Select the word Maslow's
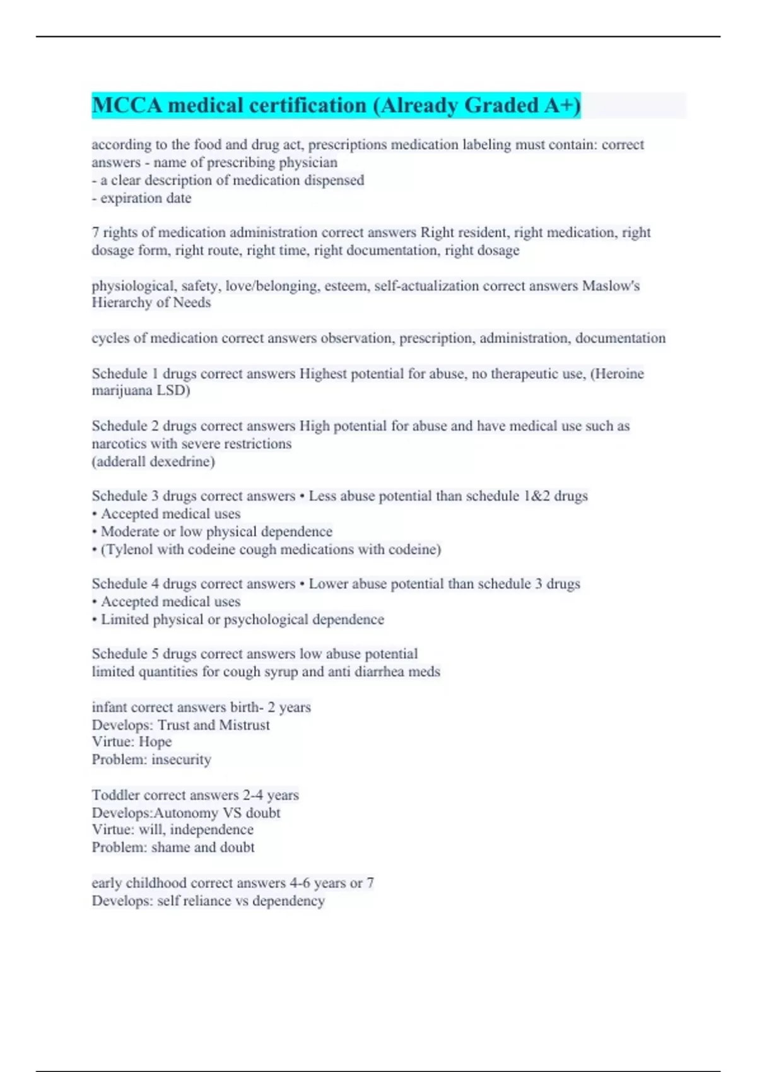click(x=611, y=286)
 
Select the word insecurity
click(x=181, y=760)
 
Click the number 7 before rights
click(x=95, y=233)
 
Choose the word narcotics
click(x=119, y=444)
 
